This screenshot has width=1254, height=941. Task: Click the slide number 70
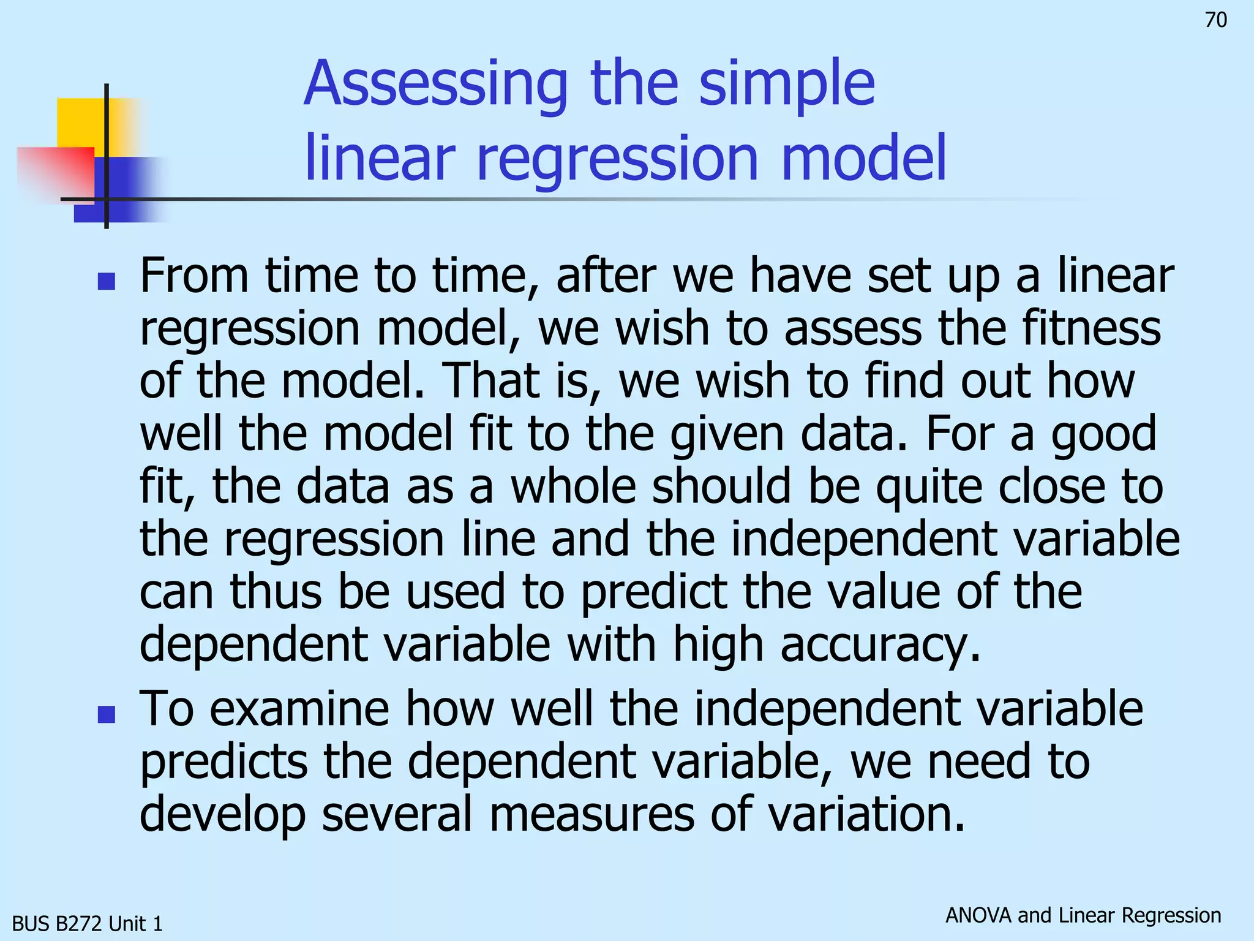pos(1215,20)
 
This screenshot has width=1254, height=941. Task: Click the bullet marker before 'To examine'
pos(107,714)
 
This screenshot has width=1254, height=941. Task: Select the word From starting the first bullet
pos(194,276)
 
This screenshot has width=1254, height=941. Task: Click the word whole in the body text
pos(573,486)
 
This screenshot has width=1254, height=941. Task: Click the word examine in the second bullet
pos(299,709)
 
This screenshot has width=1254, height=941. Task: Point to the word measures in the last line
pos(591,815)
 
